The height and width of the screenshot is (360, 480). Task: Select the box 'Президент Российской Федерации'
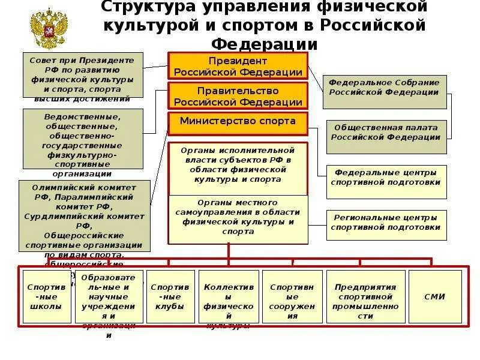click(x=238, y=66)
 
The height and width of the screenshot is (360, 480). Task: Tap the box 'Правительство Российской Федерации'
click(x=238, y=96)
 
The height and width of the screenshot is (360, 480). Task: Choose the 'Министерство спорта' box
click(x=238, y=121)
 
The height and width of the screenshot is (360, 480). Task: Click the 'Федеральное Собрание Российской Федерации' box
click(x=385, y=91)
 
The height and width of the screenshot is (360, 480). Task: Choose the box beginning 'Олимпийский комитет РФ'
click(x=83, y=216)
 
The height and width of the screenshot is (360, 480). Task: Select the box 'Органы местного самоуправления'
click(x=238, y=218)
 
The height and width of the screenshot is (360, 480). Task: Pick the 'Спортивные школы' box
click(x=45, y=296)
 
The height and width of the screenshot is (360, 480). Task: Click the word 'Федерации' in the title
click(x=264, y=44)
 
